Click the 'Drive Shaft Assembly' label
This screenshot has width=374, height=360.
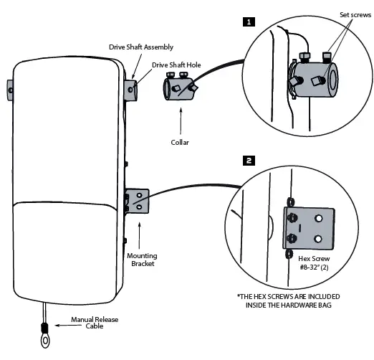click(x=141, y=47)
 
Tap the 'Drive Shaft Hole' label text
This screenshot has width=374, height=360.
click(x=176, y=65)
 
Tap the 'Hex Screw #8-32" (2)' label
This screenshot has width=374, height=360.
click(x=317, y=262)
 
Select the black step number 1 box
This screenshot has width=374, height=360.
click(x=249, y=22)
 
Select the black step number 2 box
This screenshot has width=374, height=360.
click(x=249, y=161)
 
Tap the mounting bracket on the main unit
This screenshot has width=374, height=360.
click(x=137, y=202)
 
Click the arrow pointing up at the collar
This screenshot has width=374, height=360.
click(x=180, y=114)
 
